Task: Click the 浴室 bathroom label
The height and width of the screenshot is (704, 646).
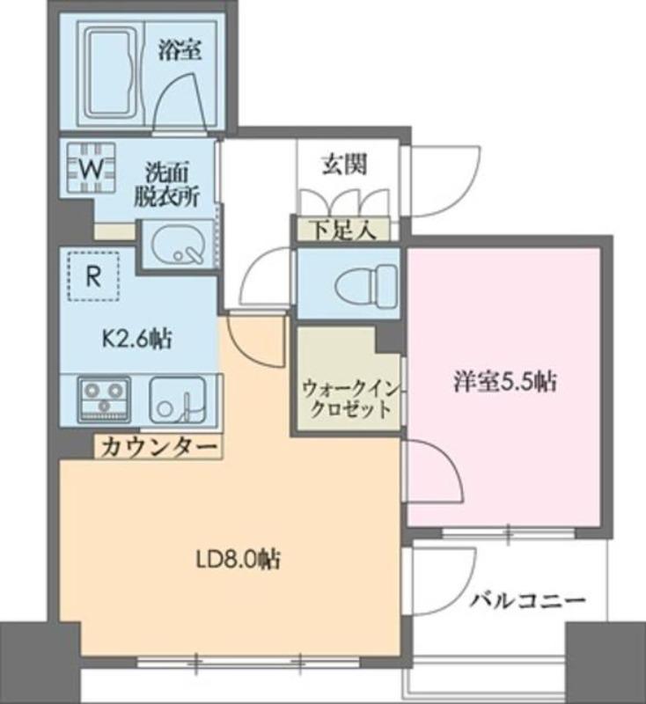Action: tap(180, 50)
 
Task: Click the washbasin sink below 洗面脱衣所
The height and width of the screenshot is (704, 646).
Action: tap(179, 246)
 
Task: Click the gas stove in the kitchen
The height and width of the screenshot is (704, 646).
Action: tap(104, 399)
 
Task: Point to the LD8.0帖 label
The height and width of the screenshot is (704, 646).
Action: tap(237, 558)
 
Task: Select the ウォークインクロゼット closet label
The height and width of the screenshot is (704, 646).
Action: tap(346, 399)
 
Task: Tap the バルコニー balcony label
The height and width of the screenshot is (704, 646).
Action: tap(526, 602)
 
